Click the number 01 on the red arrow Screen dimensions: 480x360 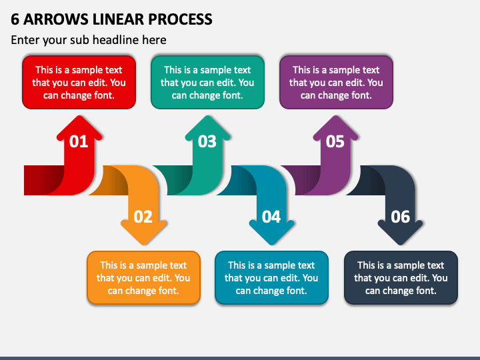79,141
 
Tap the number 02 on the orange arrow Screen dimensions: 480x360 143,217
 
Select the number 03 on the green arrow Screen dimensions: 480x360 207,141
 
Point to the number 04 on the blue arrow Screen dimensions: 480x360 271,217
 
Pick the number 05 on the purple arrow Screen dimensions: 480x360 335,141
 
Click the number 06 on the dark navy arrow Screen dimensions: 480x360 401,217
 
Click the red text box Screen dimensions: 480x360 79,83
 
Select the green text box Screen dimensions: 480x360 207,83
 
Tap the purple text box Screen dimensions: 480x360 336,83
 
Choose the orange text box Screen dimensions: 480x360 143,277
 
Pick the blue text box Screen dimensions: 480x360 271,277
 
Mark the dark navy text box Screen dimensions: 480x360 401,277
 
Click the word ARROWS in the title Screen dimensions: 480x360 56,19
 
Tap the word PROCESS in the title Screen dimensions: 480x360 180,19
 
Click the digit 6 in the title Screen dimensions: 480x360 15,19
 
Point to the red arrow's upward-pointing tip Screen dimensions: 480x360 79,116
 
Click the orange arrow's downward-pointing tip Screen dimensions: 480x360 143,244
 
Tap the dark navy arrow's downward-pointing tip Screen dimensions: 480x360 401,244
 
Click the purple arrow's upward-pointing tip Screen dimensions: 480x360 336,116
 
